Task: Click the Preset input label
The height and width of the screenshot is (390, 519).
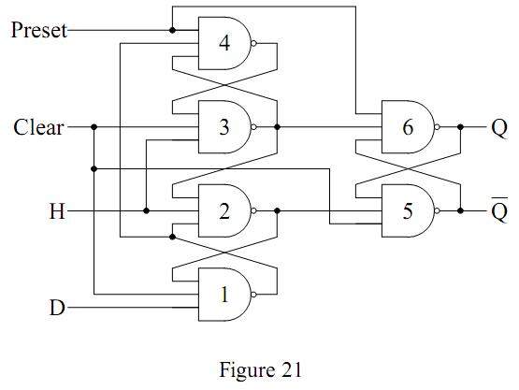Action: coord(39,30)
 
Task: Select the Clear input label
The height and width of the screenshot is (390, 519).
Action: coord(38,127)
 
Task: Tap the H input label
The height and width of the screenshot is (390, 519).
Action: coord(57,211)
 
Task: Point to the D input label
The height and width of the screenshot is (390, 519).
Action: coord(57,308)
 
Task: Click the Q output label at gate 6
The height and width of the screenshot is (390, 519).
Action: coord(499,128)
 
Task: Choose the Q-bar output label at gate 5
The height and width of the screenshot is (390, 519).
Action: coord(499,209)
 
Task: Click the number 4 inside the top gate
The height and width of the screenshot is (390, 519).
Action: coord(224,43)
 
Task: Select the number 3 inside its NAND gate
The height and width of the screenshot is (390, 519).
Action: coord(224,127)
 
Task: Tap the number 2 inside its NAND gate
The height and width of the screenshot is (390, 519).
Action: coord(224,211)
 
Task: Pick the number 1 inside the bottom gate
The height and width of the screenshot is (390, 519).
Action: coord(224,295)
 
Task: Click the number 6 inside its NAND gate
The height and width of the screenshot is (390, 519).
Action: coord(408,127)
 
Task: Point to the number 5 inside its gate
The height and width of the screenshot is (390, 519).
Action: coord(408,211)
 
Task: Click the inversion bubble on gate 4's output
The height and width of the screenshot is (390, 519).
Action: coord(253,43)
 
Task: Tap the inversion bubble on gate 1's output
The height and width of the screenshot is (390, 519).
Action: coord(253,295)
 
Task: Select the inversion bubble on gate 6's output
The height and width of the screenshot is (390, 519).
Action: coord(438,127)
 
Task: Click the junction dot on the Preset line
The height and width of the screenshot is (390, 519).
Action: coord(172,30)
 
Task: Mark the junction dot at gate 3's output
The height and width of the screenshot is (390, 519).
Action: coord(278,127)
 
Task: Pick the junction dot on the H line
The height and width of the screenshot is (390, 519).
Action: coord(146,210)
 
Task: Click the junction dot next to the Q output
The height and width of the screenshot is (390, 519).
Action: coord(460,127)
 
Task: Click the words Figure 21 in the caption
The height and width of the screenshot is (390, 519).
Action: coord(261,370)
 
